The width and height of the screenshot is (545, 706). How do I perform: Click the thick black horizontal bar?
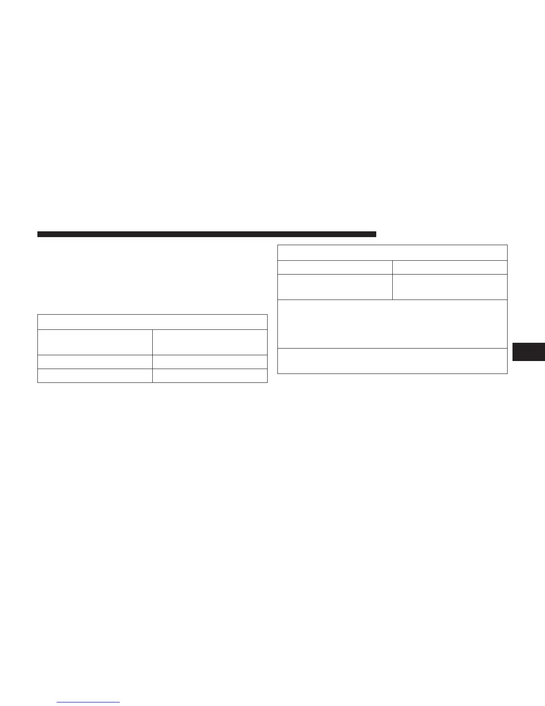207,234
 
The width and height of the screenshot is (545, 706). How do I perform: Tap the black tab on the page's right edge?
529,351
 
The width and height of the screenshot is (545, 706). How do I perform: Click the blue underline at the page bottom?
89,702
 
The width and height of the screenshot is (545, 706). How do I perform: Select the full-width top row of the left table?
152,322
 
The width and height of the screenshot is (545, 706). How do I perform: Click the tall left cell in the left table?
95,342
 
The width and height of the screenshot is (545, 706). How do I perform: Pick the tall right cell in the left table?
210,342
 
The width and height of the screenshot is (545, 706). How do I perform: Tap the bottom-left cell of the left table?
95,375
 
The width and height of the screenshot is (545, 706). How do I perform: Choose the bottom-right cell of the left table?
210,375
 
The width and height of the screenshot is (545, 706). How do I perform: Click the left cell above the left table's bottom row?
95,361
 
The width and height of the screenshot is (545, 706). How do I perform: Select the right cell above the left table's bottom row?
210,361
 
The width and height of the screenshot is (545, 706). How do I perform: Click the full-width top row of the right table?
392,252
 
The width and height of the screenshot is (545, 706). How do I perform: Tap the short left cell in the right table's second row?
335,267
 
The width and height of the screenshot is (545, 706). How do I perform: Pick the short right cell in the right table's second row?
450,267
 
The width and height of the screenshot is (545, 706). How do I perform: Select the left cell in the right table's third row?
335,287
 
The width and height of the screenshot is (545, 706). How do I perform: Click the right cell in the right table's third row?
450,287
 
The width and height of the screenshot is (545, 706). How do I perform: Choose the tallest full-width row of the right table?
392,324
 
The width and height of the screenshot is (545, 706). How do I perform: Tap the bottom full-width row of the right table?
392,361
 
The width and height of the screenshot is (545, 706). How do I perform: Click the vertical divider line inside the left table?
152,356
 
